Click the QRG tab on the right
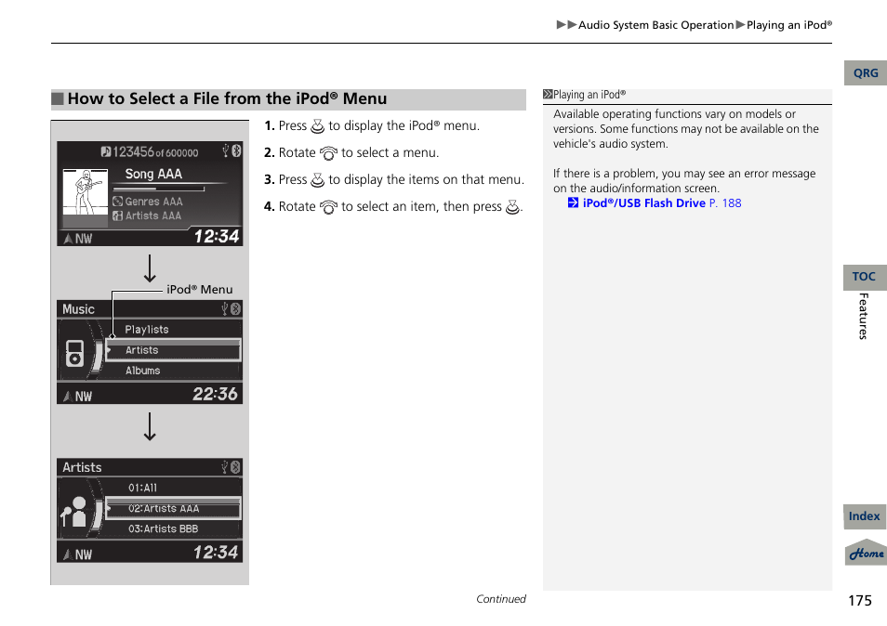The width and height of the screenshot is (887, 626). pyautogui.click(x=865, y=73)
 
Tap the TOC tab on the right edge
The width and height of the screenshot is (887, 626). pyautogui.click(x=864, y=277)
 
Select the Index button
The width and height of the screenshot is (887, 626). pyautogui.click(x=864, y=516)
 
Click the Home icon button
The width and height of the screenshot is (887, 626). pyautogui.click(x=866, y=554)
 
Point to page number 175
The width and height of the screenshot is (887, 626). pyautogui.click(x=859, y=600)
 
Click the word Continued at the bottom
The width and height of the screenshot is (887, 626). pyautogui.click(x=500, y=599)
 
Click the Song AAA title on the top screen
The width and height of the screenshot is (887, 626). pyautogui.click(x=153, y=174)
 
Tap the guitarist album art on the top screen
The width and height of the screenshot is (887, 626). pyautogui.click(x=85, y=192)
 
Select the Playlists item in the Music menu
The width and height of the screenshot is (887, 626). pyautogui.click(x=147, y=330)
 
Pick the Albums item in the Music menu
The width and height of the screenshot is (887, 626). pyautogui.click(x=143, y=371)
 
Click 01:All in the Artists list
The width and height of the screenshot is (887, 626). pyautogui.click(x=143, y=488)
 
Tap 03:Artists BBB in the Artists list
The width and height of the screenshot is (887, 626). pyautogui.click(x=163, y=529)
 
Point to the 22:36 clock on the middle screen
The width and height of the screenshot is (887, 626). pyautogui.click(x=215, y=395)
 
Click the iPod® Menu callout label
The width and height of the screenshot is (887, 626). pyautogui.click(x=199, y=290)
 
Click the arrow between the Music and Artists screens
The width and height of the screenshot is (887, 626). pyautogui.click(x=150, y=427)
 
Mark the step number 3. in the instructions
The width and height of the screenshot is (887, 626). pyautogui.click(x=269, y=180)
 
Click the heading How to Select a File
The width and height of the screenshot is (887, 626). pyautogui.click(x=226, y=99)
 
